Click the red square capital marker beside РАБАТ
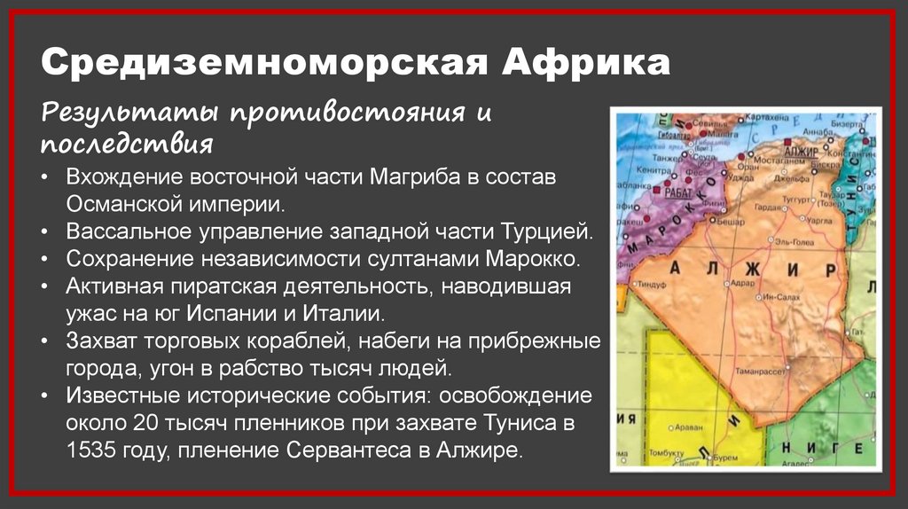point(657,190)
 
